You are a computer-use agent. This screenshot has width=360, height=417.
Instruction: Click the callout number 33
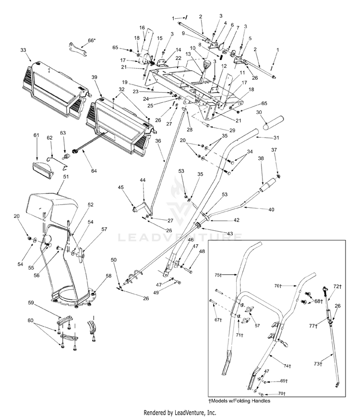coord(23,49)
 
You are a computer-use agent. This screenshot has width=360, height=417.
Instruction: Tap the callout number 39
coord(94,77)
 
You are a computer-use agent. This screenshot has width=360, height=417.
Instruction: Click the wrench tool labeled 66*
coord(79,48)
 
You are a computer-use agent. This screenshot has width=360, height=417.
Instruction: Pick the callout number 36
coord(158,141)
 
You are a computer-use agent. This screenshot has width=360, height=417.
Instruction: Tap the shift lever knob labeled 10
coord(208,65)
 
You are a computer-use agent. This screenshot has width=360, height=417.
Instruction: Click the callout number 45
coord(120,187)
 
